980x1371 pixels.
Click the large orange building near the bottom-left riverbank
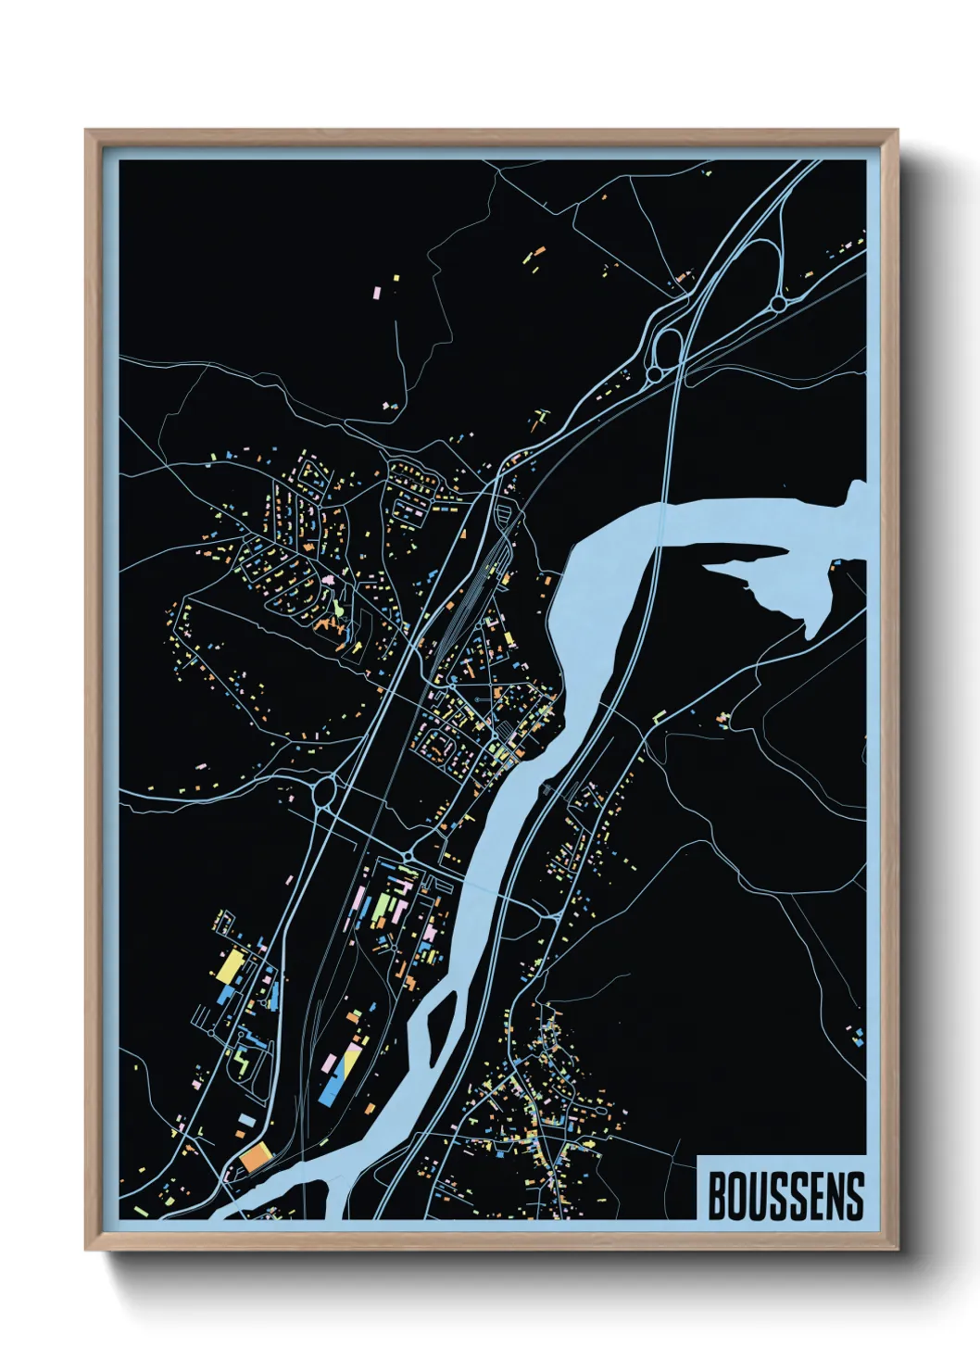point(256,1157)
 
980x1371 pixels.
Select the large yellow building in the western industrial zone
point(229,966)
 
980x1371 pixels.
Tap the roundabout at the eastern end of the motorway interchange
point(778,303)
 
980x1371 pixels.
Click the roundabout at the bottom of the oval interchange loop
point(654,373)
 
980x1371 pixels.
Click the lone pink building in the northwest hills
point(377,292)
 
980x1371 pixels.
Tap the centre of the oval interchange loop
point(666,347)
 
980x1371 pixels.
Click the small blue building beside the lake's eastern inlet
point(836,562)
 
